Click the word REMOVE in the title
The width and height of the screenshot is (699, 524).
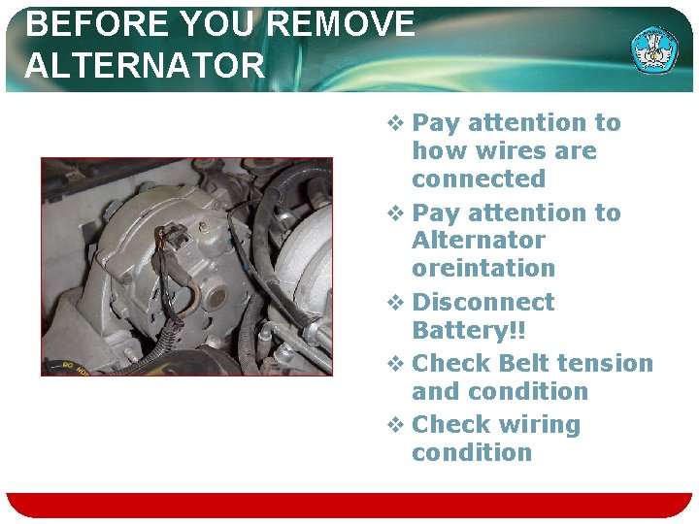[x=345, y=25]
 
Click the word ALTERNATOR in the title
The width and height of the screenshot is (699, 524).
[x=145, y=66]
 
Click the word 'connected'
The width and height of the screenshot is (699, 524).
[x=479, y=180]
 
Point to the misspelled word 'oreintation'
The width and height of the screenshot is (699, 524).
[x=483, y=268]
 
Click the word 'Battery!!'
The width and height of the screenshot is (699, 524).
[x=469, y=330]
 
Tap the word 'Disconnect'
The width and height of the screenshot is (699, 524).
[x=483, y=302]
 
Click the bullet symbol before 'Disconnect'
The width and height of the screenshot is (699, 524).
[x=394, y=303]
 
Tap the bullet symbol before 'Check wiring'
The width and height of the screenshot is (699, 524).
[x=394, y=425]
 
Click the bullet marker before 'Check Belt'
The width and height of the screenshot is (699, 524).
[x=394, y=364]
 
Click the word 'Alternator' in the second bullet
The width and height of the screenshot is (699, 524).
[x=479, y=240]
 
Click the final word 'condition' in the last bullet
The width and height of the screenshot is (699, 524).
[x=472, y=452]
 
